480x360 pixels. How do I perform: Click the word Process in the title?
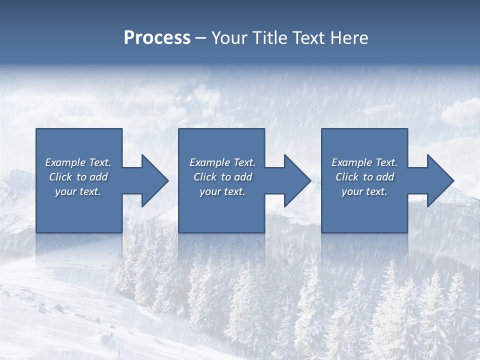pyautogui.click(x=157, y=38)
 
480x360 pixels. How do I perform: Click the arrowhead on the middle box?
pyautogui.click(x=296, y=180)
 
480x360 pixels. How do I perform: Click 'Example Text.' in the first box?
pyautogui.click(x=78, y=162)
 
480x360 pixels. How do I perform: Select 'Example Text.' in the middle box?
pyautogui.click(x=222, y=162)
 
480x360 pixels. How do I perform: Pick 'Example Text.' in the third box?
pyautogui.click(x=364, y=162)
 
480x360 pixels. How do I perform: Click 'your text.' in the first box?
pyautogui.click(x=78, y=191)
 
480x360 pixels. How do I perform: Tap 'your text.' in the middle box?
pyautogui.click(x=222, y=191)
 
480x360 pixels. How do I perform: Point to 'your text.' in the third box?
pyautogui.click(x=364, y=191)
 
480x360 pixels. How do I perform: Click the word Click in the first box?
pyautogui.click(x=60, y=177)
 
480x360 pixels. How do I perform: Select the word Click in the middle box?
pyautogui.click(x=205, y=177)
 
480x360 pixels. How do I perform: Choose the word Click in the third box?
pyautogui.click(x=347, y=177)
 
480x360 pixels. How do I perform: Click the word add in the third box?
pyautogui.click(x=384, y=177)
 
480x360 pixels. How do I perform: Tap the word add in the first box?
pyautogui.click(x=98, y=177)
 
